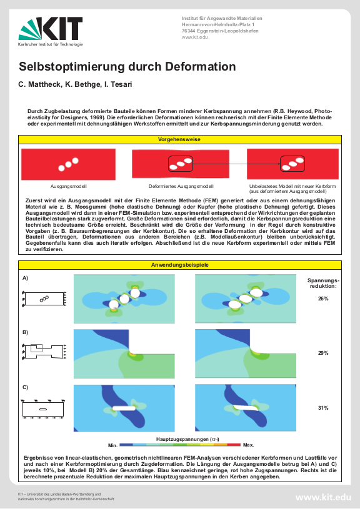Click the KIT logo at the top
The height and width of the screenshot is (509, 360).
pyautogui.click(x=51, y=31)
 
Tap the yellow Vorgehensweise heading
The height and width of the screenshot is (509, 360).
pyautogui.click(x=179, y=139)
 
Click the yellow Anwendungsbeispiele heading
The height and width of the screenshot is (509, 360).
pyautogui.click(x=179, y=265)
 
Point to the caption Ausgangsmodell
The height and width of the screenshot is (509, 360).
pyautogui.click(x=68, y=186)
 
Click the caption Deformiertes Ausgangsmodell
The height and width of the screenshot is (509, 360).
pyautogui.click(x=181, y=186)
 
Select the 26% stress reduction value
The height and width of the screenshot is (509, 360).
pyautogui.click(x=323, y=299)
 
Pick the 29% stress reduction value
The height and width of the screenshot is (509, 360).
pyautogui.click(x=323, y=353)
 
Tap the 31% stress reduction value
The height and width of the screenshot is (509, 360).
pyautogui.click(x=323, y=408)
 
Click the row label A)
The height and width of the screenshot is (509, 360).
pyautogui.click(x=26, y=278)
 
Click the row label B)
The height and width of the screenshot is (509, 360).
pyautogui.click(x=26, y=332)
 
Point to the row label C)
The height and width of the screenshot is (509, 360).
pyautogui.click(x=26, y=387)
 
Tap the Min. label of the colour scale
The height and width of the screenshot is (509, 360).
pyautogui.click(x=112, y=445)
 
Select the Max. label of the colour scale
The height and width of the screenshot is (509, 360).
pyautogui.click(x=249, y=445)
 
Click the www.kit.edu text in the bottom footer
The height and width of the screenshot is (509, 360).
pyautogui.click(x=323, y=497)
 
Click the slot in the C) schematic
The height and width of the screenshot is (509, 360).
pyautogui.click(x=43, y=409)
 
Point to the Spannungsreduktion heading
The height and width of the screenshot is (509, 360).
pyautogui.click(x=323, y=284)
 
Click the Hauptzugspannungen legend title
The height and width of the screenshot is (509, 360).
pyautogui.click(x=187, y=439)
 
